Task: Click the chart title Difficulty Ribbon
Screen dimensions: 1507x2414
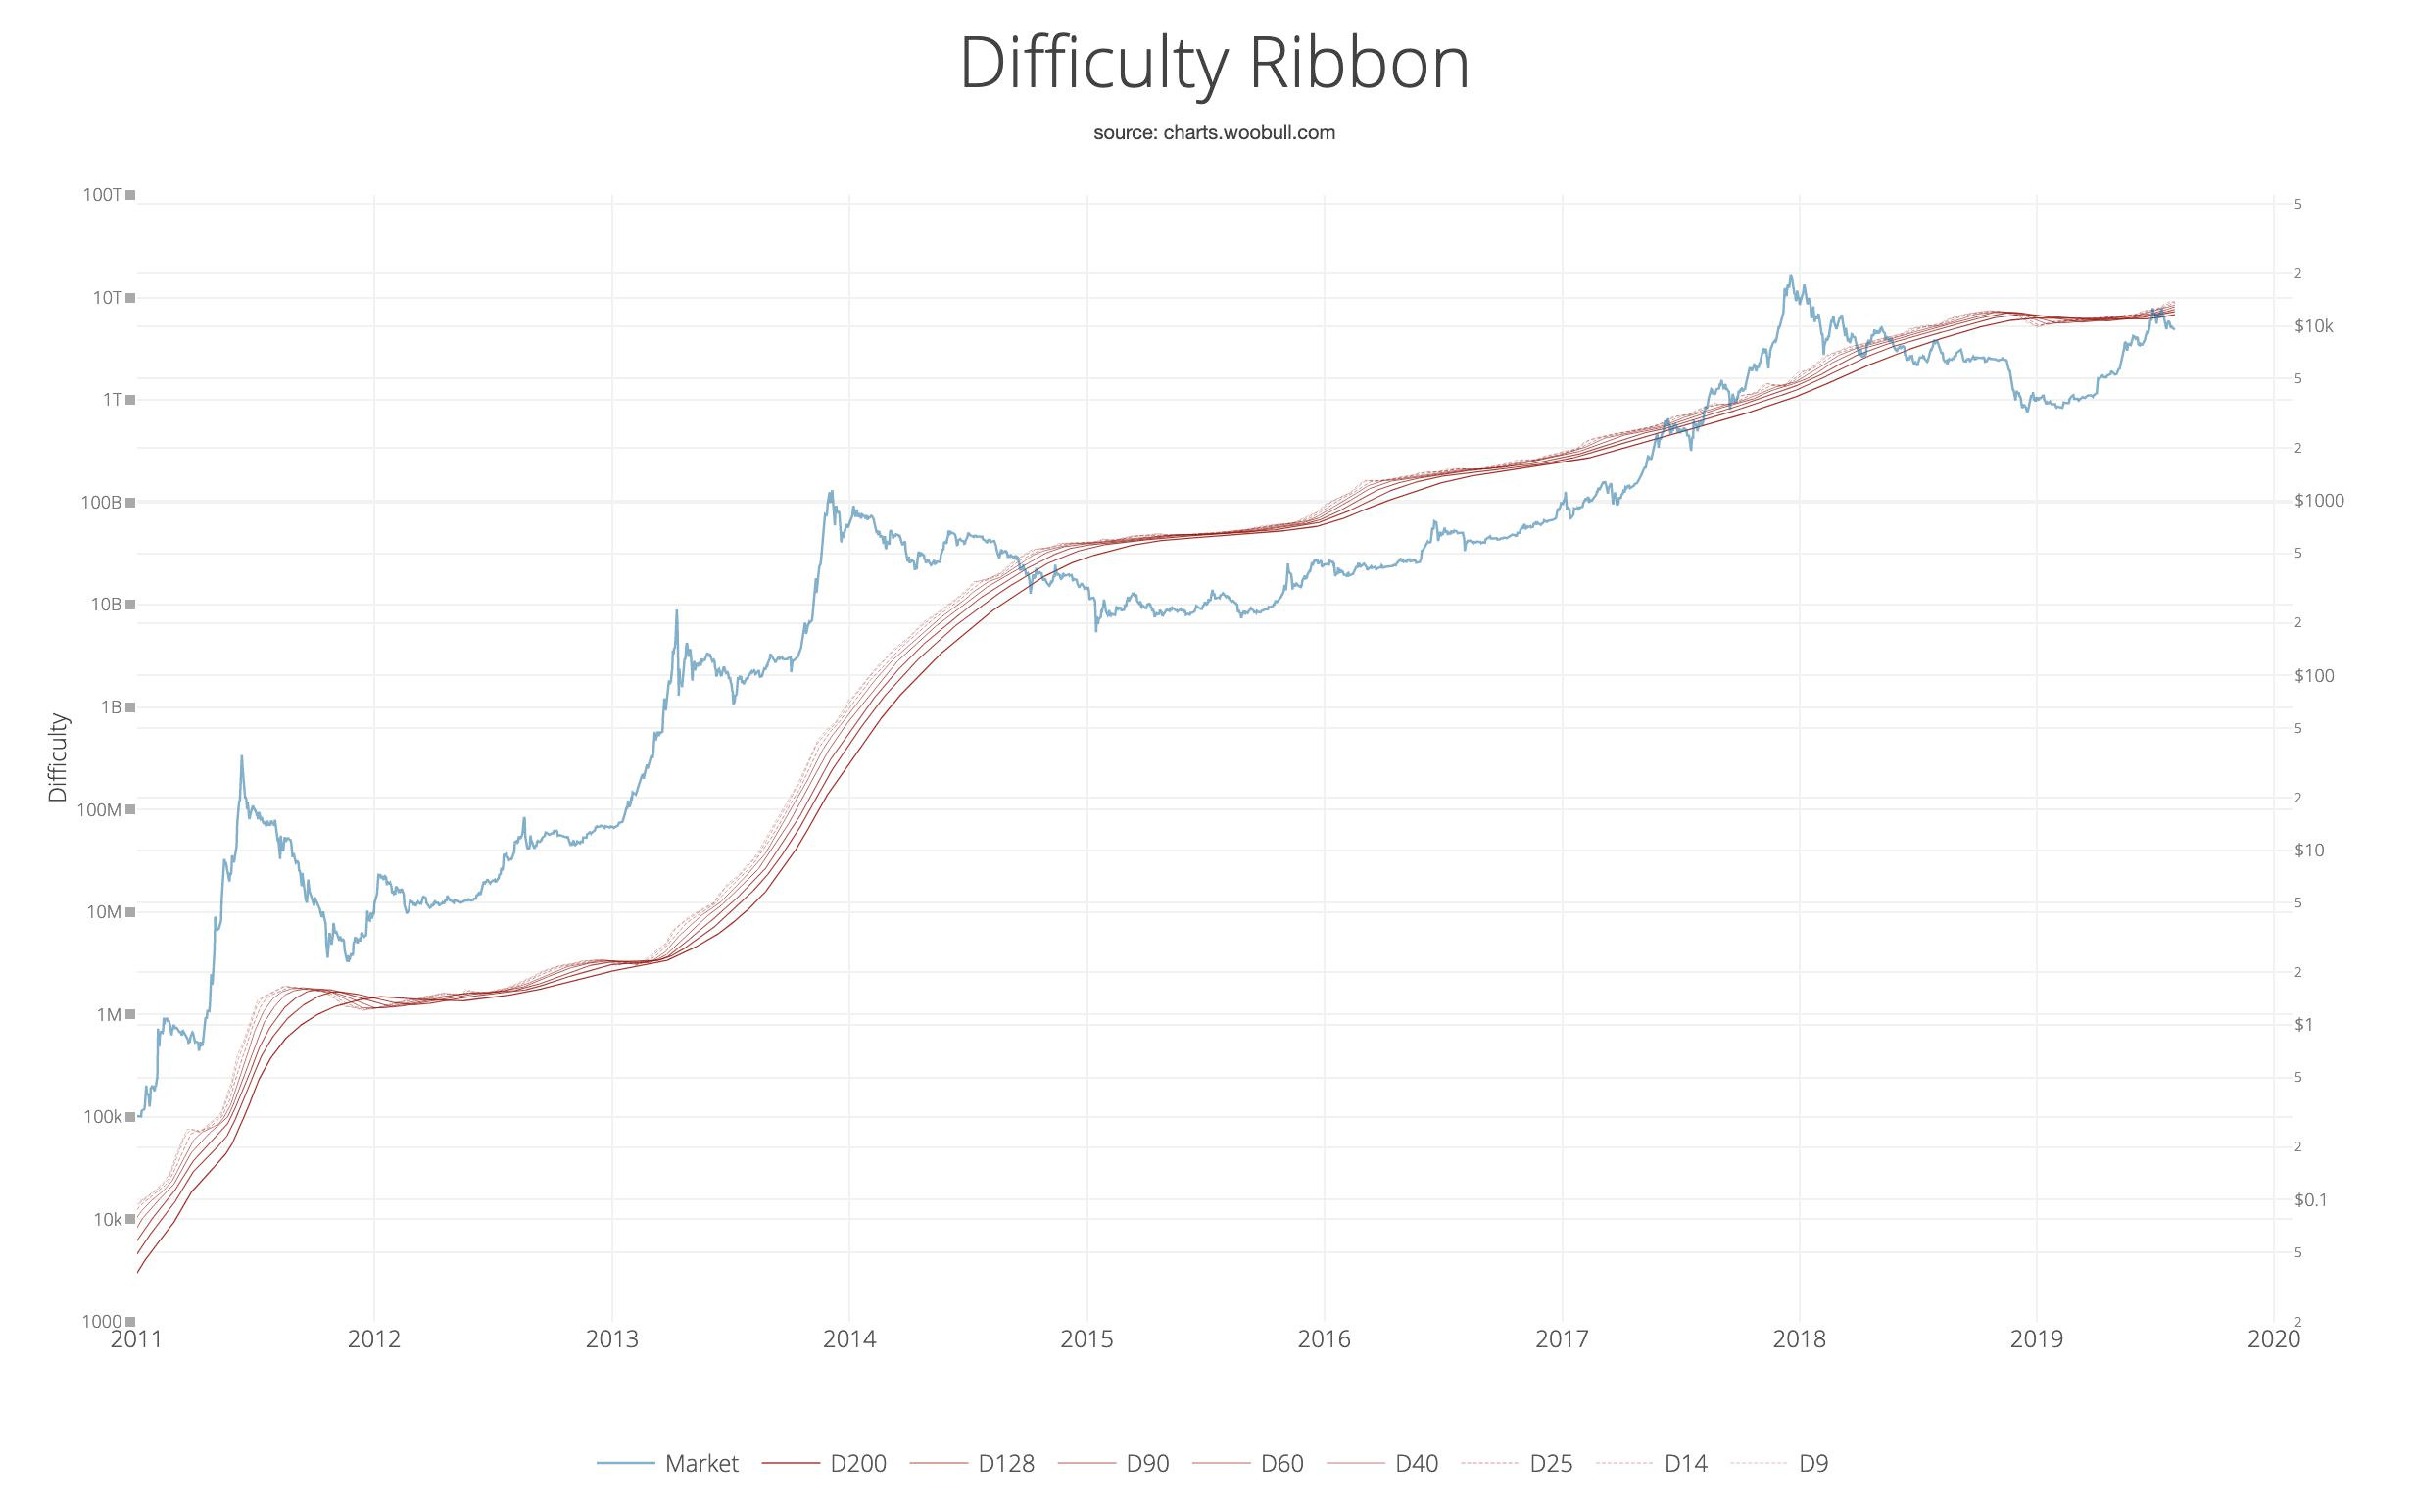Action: pos(1214,64)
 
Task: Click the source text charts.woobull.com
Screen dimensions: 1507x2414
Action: pos(1214,132)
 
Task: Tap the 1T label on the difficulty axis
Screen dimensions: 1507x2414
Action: pos(112,400)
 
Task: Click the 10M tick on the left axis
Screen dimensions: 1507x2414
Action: pos(105,912)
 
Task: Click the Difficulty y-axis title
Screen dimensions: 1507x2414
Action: pos(59,757)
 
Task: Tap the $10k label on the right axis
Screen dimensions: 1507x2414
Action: pos(2312,326)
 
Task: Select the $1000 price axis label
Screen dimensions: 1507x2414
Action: pos(2318,501)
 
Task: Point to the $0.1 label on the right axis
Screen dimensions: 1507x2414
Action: pos(2309,1200)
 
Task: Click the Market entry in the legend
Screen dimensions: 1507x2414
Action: pos(701,1463)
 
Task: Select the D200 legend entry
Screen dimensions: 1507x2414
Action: pos(857,1463)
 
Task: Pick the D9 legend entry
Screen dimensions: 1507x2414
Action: pos(1813,1463)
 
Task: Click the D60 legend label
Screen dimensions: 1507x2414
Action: pos(1281,1463)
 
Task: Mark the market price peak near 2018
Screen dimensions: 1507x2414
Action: pos(1790,277)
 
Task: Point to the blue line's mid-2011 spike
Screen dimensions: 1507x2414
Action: pos(241,756)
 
